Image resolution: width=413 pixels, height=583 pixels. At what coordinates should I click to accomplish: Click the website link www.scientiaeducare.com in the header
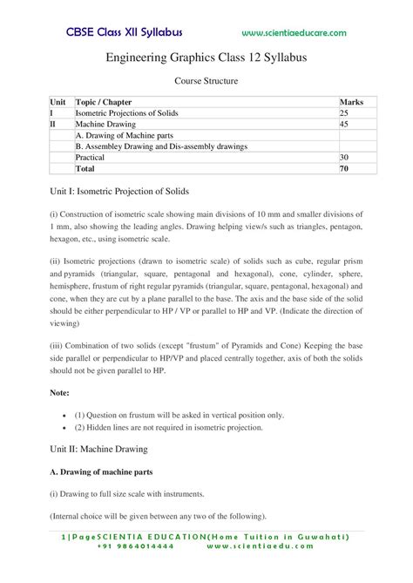point(294,33)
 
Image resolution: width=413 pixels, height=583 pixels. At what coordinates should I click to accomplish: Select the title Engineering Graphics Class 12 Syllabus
point(206,57)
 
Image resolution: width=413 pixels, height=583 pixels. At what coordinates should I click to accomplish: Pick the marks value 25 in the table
point(344,113)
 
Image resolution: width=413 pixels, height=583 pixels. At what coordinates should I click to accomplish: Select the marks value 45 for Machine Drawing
point(344,125)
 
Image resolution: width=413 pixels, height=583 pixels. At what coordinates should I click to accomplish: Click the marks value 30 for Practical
point(344,158)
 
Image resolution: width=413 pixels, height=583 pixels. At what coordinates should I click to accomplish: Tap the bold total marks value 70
point(344,169)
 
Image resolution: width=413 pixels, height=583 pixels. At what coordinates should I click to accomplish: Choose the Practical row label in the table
point(91,158)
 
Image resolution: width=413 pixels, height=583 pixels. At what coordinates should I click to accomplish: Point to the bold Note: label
point(61,393)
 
